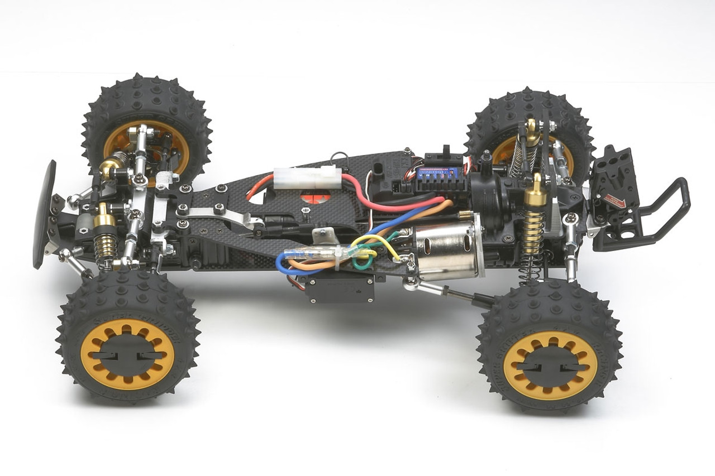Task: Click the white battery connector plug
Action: click(x=307, y=177)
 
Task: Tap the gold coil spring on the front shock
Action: click(x=106, y=246)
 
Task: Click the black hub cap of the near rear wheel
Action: click(x=550, y=366)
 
